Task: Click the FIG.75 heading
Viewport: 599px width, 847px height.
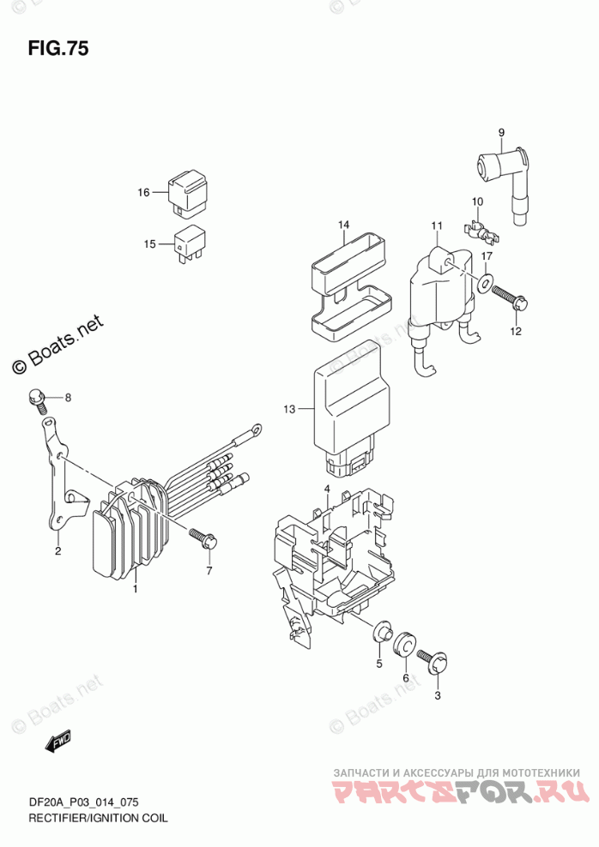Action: coord(58,48)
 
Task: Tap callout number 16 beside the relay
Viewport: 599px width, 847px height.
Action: coord(144,192)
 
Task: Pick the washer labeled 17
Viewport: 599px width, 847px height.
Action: coord(486,284)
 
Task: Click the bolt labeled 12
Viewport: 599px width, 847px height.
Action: coord(514,300)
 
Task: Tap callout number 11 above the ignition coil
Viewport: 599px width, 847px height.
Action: coord(436,226)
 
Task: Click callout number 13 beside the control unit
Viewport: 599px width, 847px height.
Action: coord(290,410)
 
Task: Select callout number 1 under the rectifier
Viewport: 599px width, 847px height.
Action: coord(135,589)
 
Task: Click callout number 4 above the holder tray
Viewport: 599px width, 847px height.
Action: coord(327,489)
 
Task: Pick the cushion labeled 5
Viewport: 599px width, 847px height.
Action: coord(378,634)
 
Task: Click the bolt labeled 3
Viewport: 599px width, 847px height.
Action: coord(432,662)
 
